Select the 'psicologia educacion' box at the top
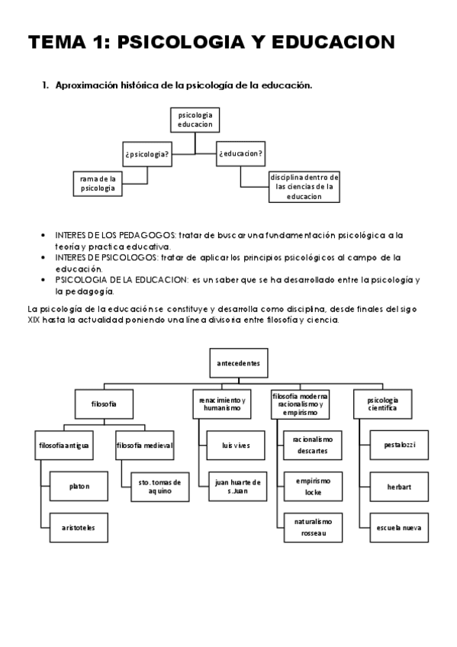pyautogui.click(x=195, y=120)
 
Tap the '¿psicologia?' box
pyautogui.click(x=146, y=153)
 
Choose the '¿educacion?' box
pyautogui.click(x=241, y=153)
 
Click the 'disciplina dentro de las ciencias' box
pyautogui.click(x=304, y=187)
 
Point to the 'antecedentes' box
pyautogui.click(x=238, y=363)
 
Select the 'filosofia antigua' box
pyautogui.click(x=65, y=445)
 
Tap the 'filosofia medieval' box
pyautogui.click(x=145, y=445)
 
